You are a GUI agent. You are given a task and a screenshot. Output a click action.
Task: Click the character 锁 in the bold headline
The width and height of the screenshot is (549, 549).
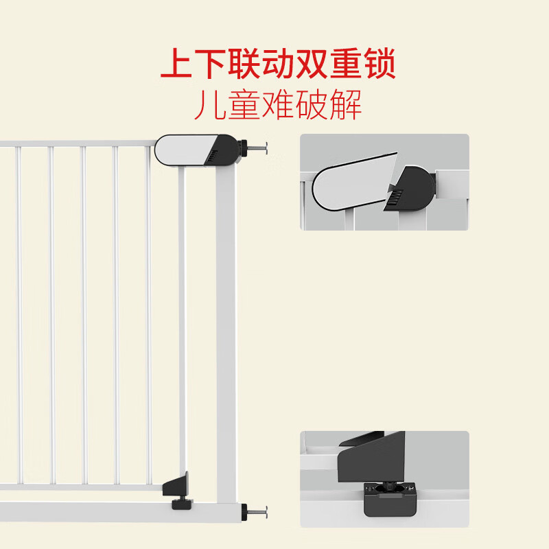(379, 64)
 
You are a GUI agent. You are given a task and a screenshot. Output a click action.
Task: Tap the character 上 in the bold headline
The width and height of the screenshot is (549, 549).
(176, 64)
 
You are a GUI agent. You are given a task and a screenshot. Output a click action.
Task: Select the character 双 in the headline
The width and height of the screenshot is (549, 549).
(312, 64)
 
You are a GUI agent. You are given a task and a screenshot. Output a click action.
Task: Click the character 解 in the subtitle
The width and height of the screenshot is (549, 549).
(346, 105)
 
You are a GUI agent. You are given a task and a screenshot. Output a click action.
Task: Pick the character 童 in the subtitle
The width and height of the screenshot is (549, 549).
(244, 105)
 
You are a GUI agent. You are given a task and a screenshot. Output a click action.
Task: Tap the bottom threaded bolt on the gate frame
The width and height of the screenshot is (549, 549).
(254, 512)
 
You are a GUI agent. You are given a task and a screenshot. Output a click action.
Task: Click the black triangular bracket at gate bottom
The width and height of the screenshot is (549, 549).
(177, 485)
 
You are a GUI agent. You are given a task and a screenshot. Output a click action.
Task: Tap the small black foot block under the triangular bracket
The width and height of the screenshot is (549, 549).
(181, 504)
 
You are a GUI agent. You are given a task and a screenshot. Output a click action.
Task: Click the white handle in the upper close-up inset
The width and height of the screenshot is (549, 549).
(354, 182)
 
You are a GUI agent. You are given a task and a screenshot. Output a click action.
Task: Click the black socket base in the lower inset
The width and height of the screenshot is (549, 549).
(390, 500)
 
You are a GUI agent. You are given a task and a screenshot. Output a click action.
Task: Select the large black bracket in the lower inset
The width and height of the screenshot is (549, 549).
(371, 456)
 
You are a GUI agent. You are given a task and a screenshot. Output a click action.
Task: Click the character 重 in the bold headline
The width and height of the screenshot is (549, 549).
(346, 64)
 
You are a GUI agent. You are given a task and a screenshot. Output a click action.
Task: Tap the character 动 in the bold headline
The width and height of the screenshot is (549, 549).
(278, 64)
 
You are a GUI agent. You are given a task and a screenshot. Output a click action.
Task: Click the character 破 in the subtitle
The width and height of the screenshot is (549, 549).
(312, 105)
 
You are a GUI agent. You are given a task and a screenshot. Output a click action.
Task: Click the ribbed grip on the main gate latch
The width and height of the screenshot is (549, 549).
(212, 157)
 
